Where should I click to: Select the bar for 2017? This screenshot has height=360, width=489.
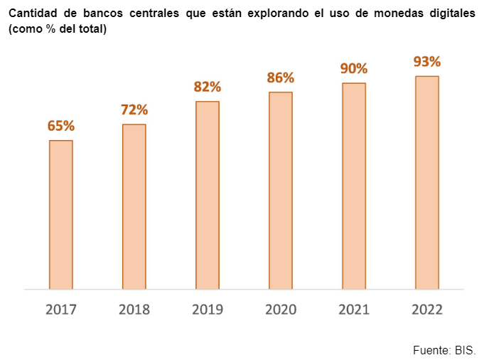click(61, 215)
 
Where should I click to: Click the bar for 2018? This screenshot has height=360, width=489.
click(134, 207)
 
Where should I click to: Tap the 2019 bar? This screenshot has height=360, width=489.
click(208, 196)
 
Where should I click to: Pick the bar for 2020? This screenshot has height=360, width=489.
click(281, 191)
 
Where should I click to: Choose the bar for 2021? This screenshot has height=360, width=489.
click(354, 186)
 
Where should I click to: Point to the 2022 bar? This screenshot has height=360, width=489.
click(427, 183)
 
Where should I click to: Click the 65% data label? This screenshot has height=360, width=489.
click(61, 126)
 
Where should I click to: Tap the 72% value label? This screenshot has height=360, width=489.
click(134, 110)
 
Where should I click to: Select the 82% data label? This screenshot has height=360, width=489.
click(208, 87)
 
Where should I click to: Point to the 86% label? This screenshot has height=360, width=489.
click(281, 78)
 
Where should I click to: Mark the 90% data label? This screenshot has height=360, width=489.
click(354, 68)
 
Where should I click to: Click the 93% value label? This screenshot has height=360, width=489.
click(427, 61)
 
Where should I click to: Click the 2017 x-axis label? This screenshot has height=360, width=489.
click(61, 309)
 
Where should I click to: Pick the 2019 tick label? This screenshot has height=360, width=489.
click(208, 309)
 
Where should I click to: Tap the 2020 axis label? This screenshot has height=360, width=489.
click(281, 309)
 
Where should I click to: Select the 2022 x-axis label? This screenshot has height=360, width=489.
click(427, 309)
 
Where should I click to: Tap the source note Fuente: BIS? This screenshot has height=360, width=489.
click(444, 350)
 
